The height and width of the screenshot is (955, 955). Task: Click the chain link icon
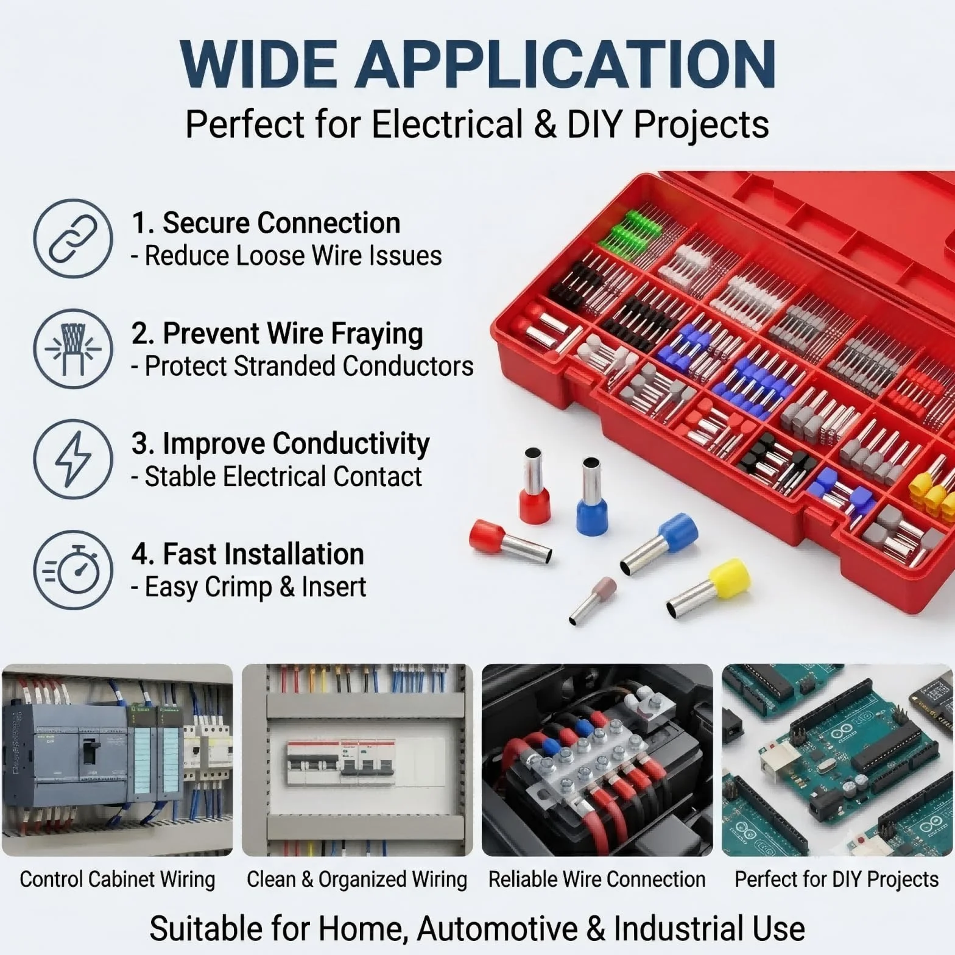click(73, 238)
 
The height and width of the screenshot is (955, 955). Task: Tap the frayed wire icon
click(73, 348)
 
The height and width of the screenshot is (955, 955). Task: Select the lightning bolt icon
click(73, 459)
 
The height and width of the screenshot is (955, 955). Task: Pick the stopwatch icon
click(73, 569)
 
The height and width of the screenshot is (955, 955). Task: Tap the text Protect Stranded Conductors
click(309, 366)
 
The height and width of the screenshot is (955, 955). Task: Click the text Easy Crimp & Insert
click(255, 587)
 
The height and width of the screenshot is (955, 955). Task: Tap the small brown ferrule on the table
click(593, 601)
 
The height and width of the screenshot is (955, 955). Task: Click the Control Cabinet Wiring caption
click(118, 879)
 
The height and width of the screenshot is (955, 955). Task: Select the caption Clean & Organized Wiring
click(357, 879)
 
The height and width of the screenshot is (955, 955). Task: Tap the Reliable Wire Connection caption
click(597, 879)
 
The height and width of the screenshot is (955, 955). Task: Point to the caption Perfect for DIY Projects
click(837, 879)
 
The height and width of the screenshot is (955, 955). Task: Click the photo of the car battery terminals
click(597, 760)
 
